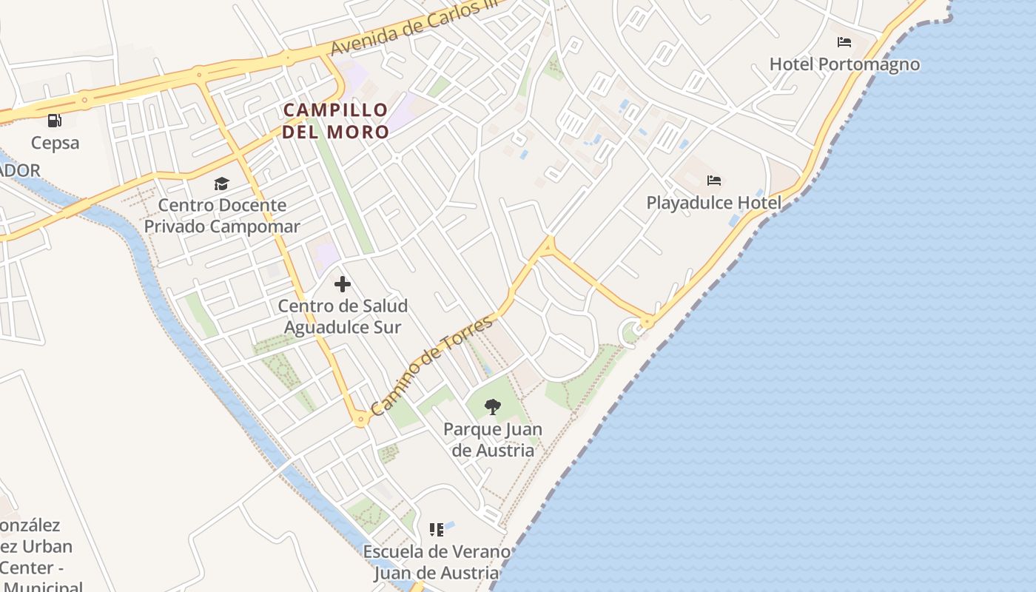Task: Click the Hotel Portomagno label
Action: click(x=844, y=64)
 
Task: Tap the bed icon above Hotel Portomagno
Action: click(x=844, y=41)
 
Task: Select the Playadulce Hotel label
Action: click(x=713, y=203)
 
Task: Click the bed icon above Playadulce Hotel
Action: click(x=714, y=180)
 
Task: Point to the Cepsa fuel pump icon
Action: click(x=54, y=120)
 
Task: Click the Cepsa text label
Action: click(x=55, y=143)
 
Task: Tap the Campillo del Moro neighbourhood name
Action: click(x=335, y=121)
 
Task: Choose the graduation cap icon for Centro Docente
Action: click(x=221, y=184)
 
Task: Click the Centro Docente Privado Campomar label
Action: click(x=222, y=215)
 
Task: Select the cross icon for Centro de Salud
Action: click(x=342, y=283)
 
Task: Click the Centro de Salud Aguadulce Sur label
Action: click(x=343, y=316)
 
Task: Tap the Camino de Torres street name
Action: click(x=431, y=365)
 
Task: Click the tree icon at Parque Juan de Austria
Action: click(x=492, y=406)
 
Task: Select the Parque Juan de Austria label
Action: click(x=492, y=440)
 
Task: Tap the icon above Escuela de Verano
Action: click(x=437, y=529)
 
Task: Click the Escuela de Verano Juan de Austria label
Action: click(x=437, y=562)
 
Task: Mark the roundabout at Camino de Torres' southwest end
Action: click(x=361, y=420)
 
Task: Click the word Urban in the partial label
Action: click(x=47, y=547)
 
